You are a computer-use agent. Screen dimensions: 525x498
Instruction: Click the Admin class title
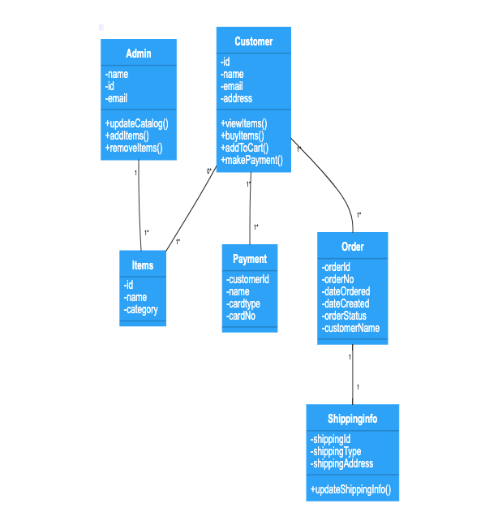click(139, 54)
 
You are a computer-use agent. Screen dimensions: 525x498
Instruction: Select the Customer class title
click(253, 41)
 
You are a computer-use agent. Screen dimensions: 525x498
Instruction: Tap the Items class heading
click(143, 265)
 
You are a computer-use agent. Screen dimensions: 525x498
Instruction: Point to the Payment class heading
click(250, 259)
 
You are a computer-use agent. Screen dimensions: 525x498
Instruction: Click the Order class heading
click(353, 247)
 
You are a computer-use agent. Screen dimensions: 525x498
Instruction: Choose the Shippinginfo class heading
click(352, 419)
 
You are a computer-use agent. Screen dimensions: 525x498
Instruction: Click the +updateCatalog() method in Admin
click(136, 123)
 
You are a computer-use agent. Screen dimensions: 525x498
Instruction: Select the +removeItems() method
click(134, 148)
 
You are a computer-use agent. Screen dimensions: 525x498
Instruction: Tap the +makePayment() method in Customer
click(251, 160)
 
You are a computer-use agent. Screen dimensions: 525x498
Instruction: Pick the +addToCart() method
click(244, 148)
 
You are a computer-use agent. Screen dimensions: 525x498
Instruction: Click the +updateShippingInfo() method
click(350, 489)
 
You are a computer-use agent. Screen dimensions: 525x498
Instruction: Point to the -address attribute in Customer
click(237, 98)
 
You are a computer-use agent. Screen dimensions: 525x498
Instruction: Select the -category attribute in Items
click(141, 309)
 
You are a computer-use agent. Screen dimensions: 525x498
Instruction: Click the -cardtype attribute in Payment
click(243, 303)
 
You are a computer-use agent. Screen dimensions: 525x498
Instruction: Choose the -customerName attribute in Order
click(350, 328)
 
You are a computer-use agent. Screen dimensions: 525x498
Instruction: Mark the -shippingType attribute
click(336, 451)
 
